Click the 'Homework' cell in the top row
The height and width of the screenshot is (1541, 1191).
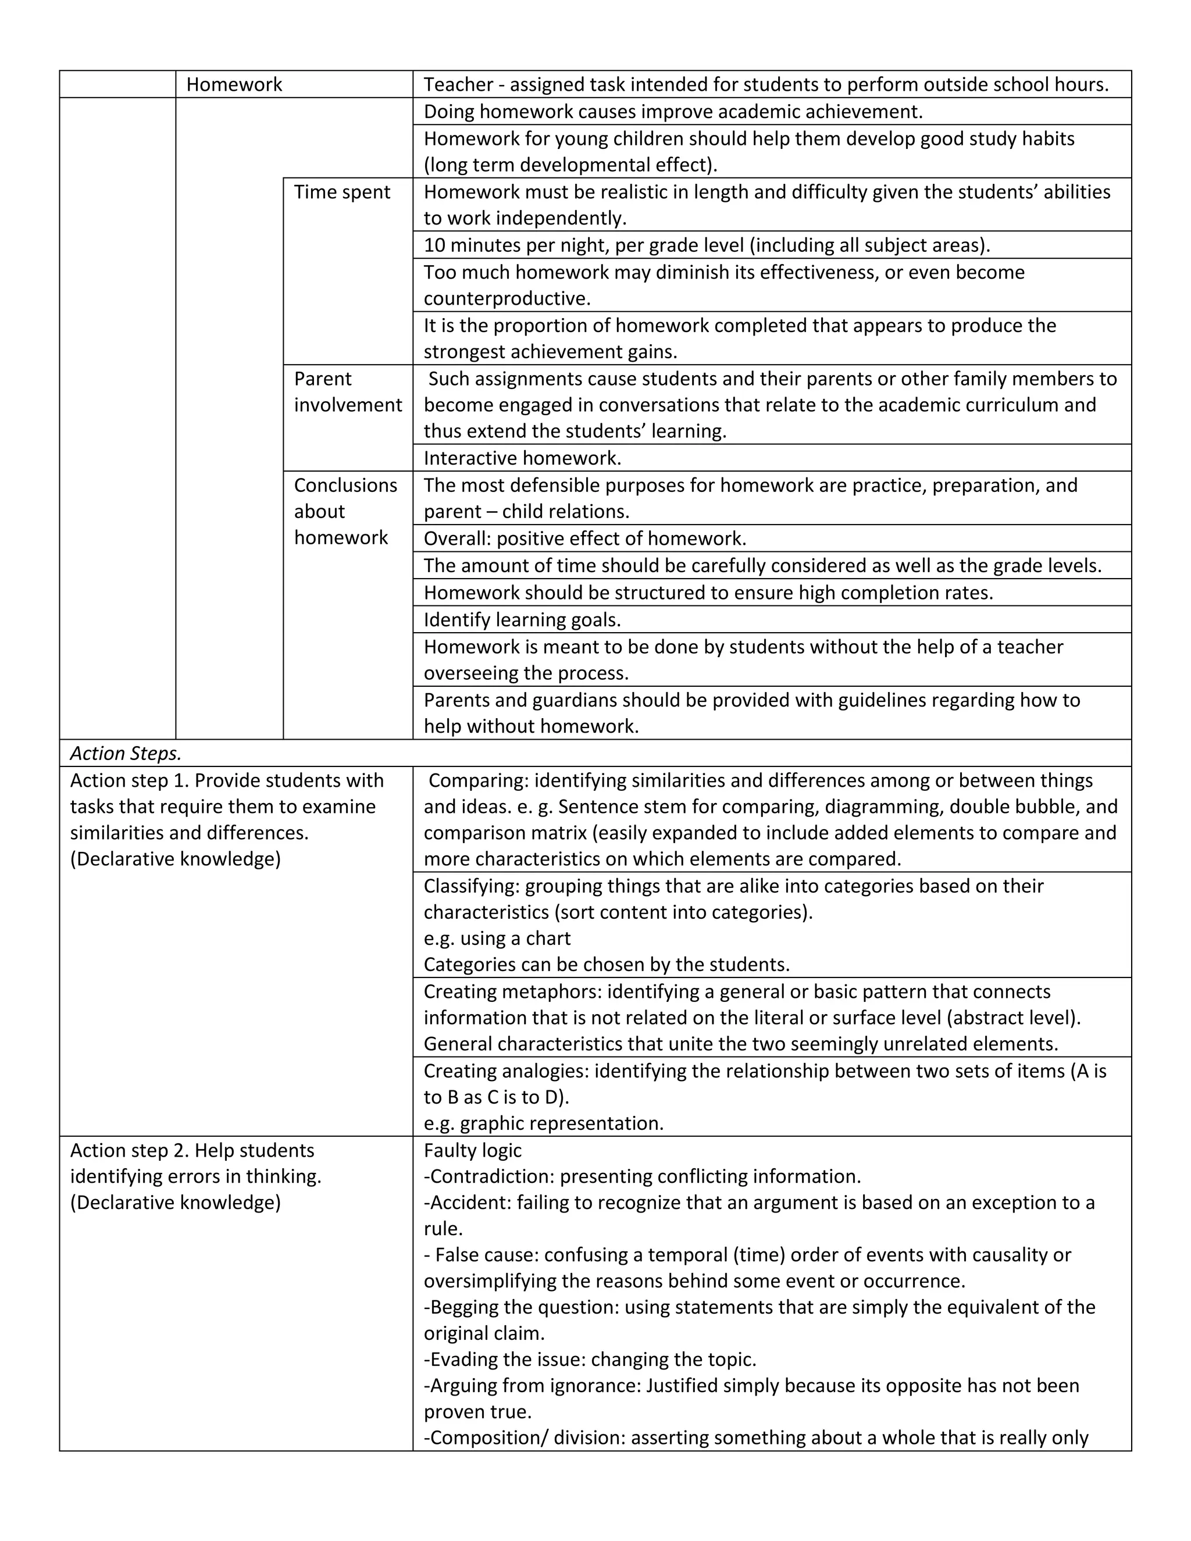pyautogui.click(x=234, y=85)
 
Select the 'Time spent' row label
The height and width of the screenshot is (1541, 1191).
pyautogui.click(x=341, y=192)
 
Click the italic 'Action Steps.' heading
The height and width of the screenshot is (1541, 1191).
pyautogui.click(x=126, y=754)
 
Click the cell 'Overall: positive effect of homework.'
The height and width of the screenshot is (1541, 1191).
pyautogui.click(x=584, y=538)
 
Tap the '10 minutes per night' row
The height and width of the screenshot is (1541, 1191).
pyautogui.click(x=706, y=245)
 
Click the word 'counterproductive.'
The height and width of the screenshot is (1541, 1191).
pyautogui.click(x=507, y=298)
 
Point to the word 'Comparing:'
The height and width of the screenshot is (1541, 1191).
pyautogui.click(x=477, y=780)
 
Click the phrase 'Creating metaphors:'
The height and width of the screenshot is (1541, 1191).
pyautogui.click(x=512, y=991)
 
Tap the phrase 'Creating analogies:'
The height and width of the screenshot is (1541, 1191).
pyautogui.click(x=506, y=1071)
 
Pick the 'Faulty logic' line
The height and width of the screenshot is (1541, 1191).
pyautogui.click(x=472, y=1150)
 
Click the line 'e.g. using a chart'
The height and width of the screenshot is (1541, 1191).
pyautogui.click(x=497, y=939)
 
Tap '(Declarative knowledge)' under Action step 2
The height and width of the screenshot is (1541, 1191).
pyautogui.click(x=175, y=1203)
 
